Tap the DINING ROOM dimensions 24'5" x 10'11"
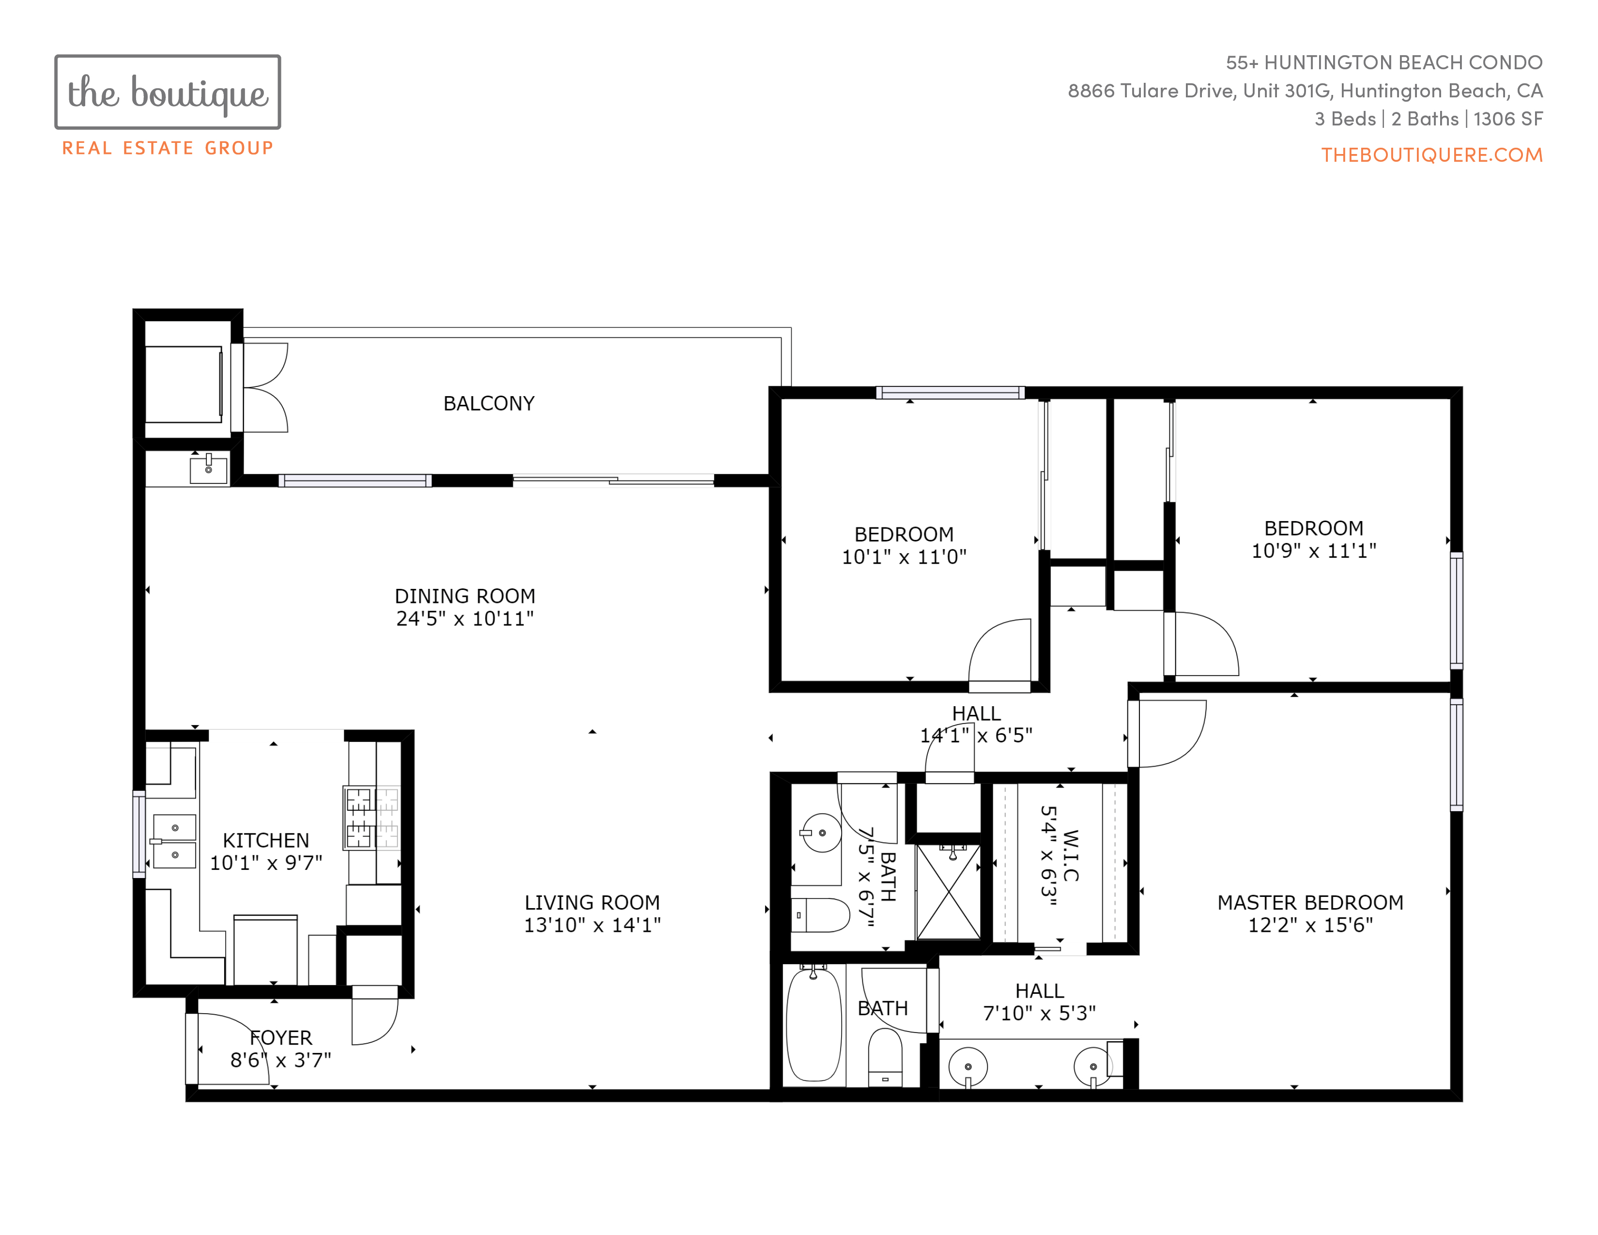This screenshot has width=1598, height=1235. pyautogui.click(x=464, y=619)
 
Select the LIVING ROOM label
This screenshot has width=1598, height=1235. pyautogui.click(x=592, y=902)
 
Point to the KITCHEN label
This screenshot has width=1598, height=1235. pyautogui.click(x=265, y=840)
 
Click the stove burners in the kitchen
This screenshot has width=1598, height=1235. pyautogui.click(x=372, y=817)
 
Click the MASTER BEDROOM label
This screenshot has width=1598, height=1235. pyautogui.click(x=1310, y=902)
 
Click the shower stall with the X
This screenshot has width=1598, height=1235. pyautogui.click(x=948, y=892)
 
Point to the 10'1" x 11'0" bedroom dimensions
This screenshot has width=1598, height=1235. pyautogui.click(x=904, y=557)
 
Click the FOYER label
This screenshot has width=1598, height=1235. pyautogui.click(x=281, y=1037)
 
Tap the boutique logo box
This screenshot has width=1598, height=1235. pyautogui.click(x=168, y=92)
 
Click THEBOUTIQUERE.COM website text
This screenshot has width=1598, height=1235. pyautogui.click(x=1432, y=155)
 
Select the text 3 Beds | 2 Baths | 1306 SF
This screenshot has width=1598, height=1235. pyautogui.click(x=1428, y=119)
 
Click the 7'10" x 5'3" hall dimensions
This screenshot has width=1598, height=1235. pyautogui.click(x=1039, y=1013)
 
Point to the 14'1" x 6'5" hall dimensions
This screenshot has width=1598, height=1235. pyautogui.click(x=976, y=735)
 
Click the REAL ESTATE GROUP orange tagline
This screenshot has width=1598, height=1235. pyautogui.click(x=168, y=149)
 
